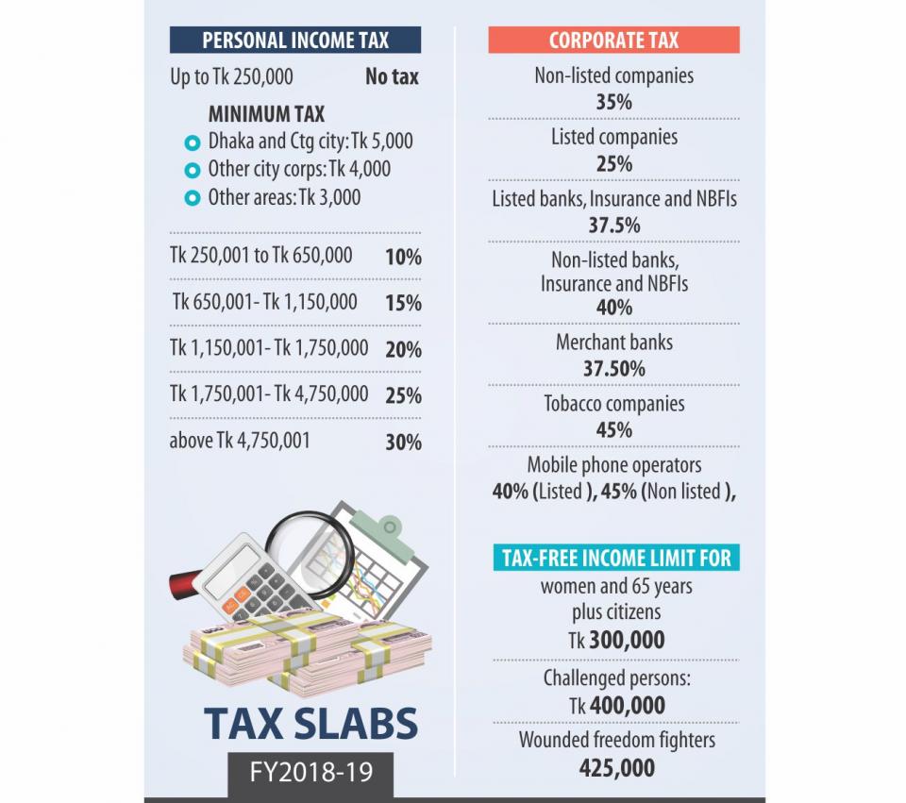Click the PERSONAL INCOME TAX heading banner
pyautogui.click(x=295, y=40)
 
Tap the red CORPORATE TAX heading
pyautogui.click(x=613, y=40)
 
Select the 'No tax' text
pyautogui.click(x=392, y=76)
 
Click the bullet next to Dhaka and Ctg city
pyautogui.click(x=192, y=142)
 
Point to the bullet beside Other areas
pyautogui.click(x=192, y=198)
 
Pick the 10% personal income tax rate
pyautogui.click(x=403, y=257)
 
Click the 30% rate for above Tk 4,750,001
pyautogui.click(x=403, y=443)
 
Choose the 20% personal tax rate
pyautogui.click(x=403, y=349)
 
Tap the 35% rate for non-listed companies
pyautogui.click(x=613, y=102)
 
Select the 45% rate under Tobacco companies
pyautogui.click(x=613, y=430)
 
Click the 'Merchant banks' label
pyautogui.click(x=614, y=342)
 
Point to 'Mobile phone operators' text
pyautogui.click(x=614, y=465)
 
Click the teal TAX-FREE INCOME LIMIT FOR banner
pyautogui.click(x=616, y=558)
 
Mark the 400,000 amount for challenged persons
pyautogui.click(x=627, y=706)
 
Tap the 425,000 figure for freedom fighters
pyautogui.click(x=617, y=768)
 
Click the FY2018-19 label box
pyautogui.click(x=310, y=773)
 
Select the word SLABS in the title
pyautogui.click(x=356, y=724)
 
